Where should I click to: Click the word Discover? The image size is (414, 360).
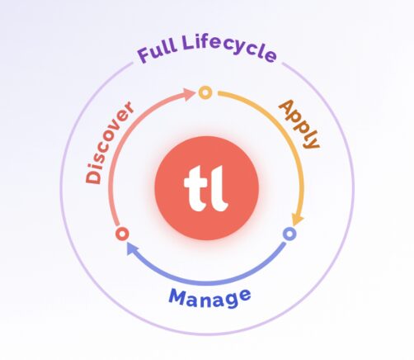click(109, 143)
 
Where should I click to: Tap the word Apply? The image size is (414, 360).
click(300, 124)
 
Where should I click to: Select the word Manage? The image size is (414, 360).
click(209, 298)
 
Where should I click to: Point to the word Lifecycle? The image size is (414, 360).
click(229, 49)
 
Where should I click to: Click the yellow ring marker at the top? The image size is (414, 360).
click(205, 92)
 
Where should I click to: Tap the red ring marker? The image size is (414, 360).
click(122, 234)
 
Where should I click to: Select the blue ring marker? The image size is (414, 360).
click(289, 234)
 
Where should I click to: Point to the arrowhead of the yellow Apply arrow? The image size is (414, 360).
click(297, 220)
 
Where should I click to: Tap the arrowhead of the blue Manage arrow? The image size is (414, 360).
click(133, 249)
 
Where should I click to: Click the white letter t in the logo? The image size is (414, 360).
click(195, 189)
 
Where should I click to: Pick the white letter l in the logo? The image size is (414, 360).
click(219, 188)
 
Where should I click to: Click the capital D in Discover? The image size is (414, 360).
click(93, 173)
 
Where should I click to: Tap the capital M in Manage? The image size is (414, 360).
click(178, 296)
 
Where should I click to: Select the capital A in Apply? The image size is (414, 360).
click(287, 108)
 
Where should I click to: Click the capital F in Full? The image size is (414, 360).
click(143, 55)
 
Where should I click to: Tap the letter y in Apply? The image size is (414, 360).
click(313, 141)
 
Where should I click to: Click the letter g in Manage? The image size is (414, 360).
click(233, 300)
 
